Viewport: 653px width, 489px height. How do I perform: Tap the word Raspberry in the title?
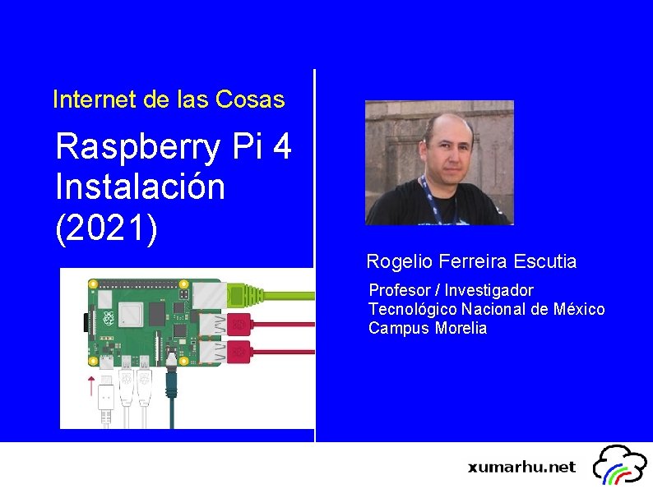pyautogui.click(x=138, y=148)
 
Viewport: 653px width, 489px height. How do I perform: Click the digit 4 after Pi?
pyautogui.click(x=280, y=148)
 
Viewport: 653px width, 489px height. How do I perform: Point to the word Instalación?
pyautogui.click(x=140, y=187)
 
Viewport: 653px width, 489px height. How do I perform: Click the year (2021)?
pyautogui.click(x=106, y=225)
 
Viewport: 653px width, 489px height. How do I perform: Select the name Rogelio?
pyautogui.click(x=401, y=262)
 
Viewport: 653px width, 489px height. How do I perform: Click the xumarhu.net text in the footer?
pyautogui.click(x=521, y=467)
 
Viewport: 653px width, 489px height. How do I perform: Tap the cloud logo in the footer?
pyautogui.click(x=622, y=465)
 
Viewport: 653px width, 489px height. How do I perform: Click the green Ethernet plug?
pyautogui.click(x=247, y=292)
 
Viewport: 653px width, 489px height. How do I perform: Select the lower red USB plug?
pyautogui.click(x=239, y=351)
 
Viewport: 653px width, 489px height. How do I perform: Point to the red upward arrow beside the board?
pyautogui.click(x=91, y=385)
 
